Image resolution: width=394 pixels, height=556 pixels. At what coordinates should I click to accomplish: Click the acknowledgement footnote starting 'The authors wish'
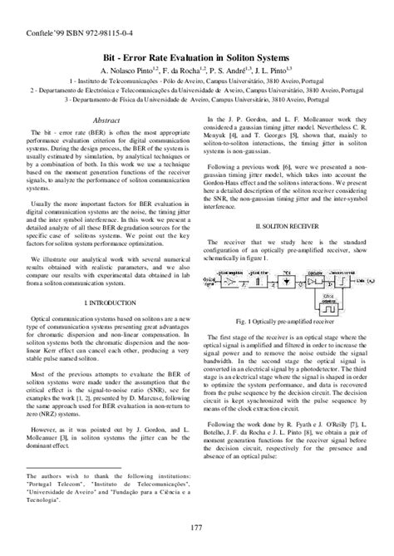[107, 490]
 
